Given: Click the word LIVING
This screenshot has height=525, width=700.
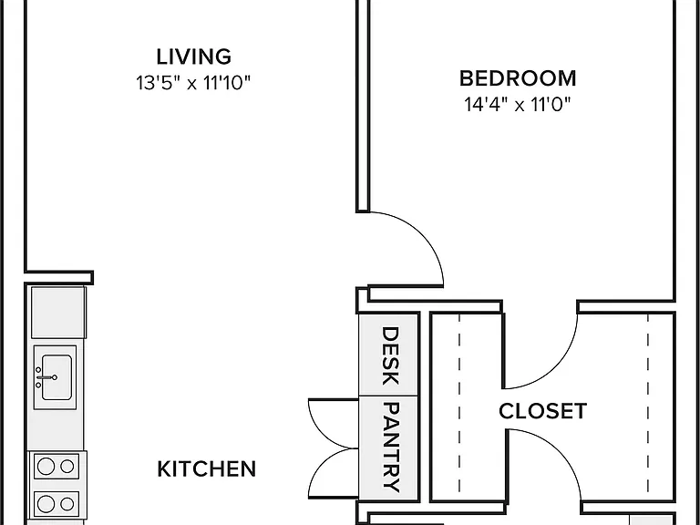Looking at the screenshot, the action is tap(194, 57).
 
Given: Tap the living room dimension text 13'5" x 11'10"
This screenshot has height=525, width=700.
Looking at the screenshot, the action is tap(193, 83).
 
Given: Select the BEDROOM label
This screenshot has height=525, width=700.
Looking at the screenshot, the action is tap(518, 78).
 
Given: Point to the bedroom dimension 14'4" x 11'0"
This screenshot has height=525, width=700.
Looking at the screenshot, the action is tap(518, 105).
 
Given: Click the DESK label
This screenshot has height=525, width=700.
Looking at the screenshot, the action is tap(390, 355).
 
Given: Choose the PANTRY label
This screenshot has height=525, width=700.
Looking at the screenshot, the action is tap(391, 448).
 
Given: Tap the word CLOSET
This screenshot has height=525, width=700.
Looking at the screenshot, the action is tap(542, 411).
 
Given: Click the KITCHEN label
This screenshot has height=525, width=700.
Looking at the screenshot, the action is tap(207, 469).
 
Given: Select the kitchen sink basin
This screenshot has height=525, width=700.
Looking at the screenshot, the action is tap(57, 377).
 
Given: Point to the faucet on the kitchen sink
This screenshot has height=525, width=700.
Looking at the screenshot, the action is tap(46, 377).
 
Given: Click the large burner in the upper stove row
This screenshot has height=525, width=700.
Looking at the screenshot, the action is tap(46, 466).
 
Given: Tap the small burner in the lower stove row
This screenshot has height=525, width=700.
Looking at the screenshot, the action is tap(67, 504).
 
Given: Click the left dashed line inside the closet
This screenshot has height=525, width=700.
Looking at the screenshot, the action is tap(459, 404).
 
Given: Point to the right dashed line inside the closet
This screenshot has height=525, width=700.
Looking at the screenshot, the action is tap(648, 404).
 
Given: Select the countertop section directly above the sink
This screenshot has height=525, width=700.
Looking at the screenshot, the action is tap(58, 313).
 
